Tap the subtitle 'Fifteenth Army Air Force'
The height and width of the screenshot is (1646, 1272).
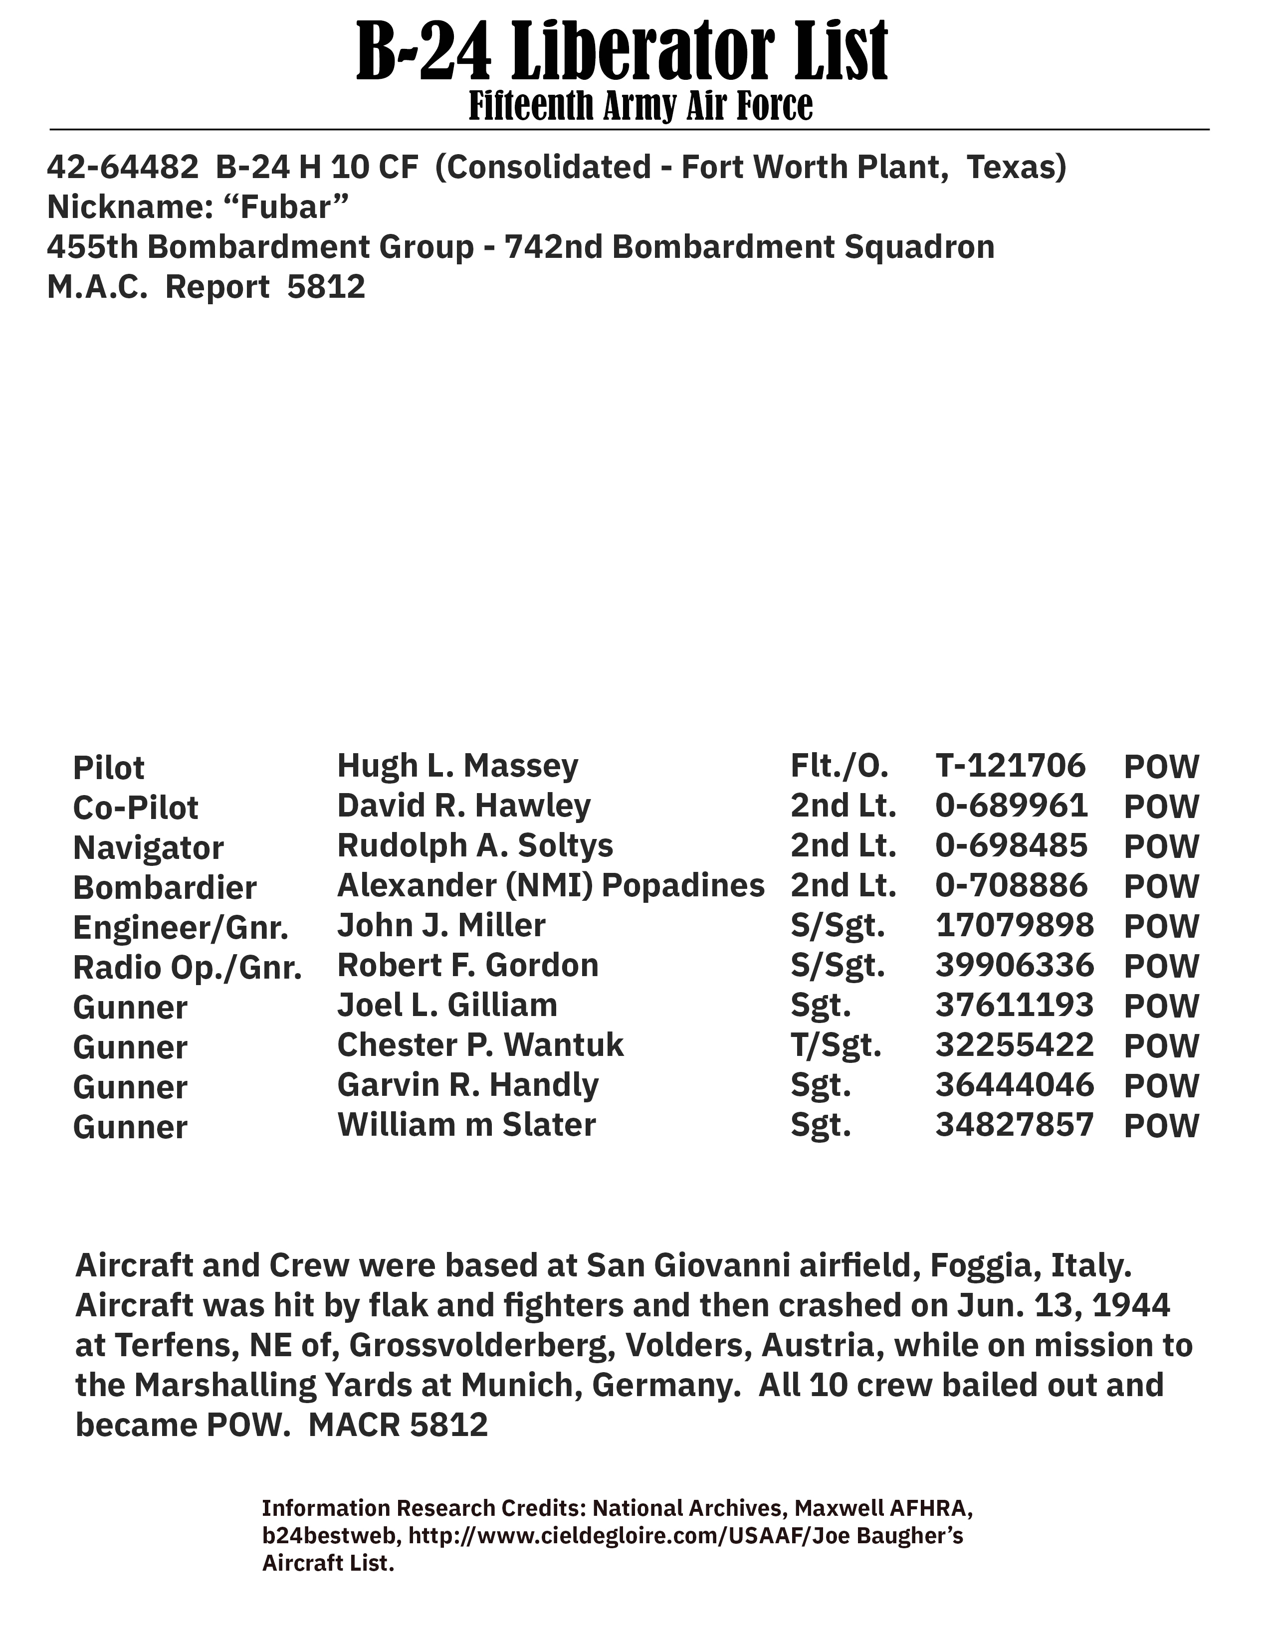(640, 106)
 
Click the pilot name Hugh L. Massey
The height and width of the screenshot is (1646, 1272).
(457, 766)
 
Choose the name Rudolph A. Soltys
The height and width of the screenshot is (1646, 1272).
(475, 845)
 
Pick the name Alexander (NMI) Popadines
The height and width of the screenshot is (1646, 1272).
(551, 885)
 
